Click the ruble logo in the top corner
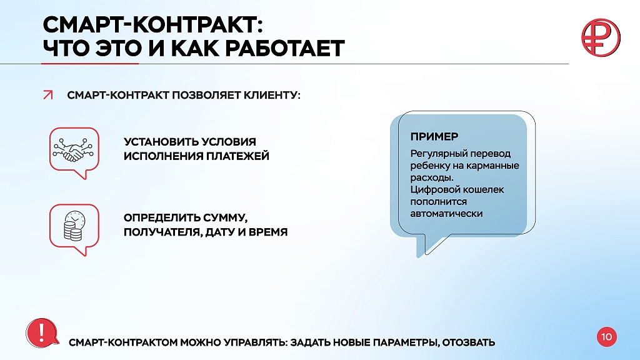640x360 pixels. (601, 37)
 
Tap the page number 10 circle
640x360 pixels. (606, 337)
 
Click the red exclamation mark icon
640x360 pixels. (42, 333)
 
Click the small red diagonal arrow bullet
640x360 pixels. (47, 95)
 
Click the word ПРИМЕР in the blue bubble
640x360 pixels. (434, 136)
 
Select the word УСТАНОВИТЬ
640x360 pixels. (155, 142)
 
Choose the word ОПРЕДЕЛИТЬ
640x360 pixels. (155, 217)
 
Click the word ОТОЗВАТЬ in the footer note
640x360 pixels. (469, 342)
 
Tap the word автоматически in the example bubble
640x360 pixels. (446, 214)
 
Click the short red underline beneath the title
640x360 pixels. (90, 64)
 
